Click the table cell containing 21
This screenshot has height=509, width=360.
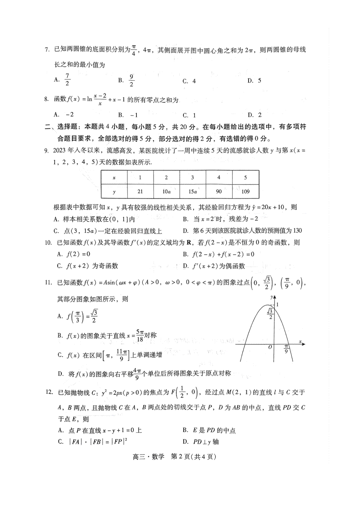click(140, 192)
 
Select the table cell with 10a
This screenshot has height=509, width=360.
click(166, 192)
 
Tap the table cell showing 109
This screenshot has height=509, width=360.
click(245, 192)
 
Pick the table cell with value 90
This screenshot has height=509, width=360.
click(219, 192)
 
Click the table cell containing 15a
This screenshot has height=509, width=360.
click(192, 192)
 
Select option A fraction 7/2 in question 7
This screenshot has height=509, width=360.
click(67, 79)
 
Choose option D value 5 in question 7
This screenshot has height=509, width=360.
click(259, 80)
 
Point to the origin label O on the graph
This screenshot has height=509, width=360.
click(270, 347)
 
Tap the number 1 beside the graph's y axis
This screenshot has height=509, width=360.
click(277, 305)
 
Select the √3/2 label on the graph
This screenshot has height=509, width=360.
click(270, 314)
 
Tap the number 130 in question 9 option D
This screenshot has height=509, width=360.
click(296, 230)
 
